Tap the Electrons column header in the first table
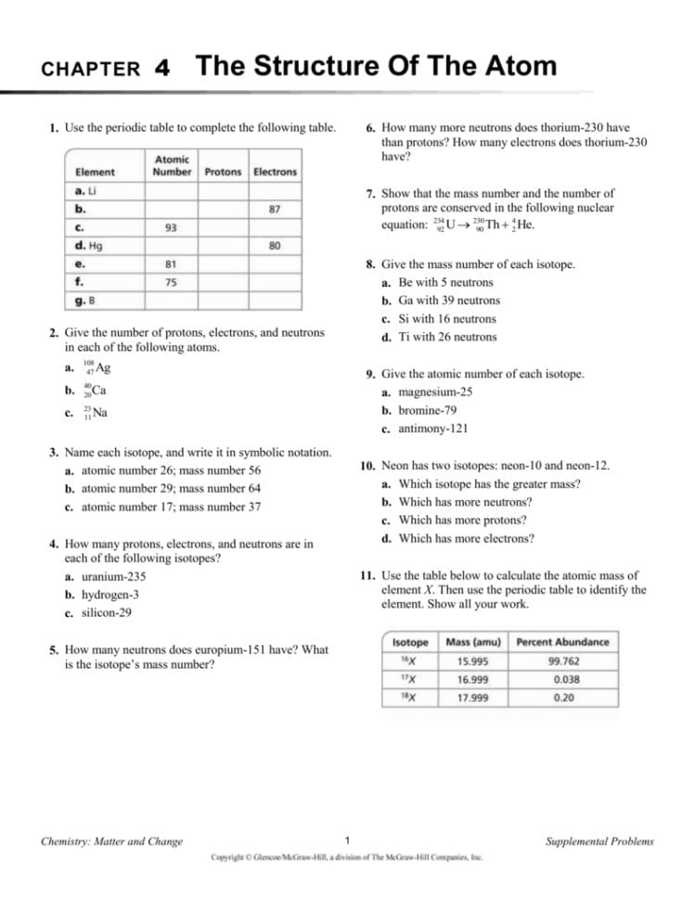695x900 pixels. coord(275,172)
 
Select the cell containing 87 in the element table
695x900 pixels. coord(275,209)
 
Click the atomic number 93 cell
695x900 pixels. coord(171,227)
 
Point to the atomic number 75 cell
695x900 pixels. coord(171,281)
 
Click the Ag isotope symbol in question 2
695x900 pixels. coord(98,368)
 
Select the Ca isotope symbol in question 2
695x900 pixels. coord(97,391)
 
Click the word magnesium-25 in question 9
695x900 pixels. coord(435,392)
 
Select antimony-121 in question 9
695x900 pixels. coord(433,429)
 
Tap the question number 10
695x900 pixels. coord(367,466)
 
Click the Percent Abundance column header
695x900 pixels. coord(562,642)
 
